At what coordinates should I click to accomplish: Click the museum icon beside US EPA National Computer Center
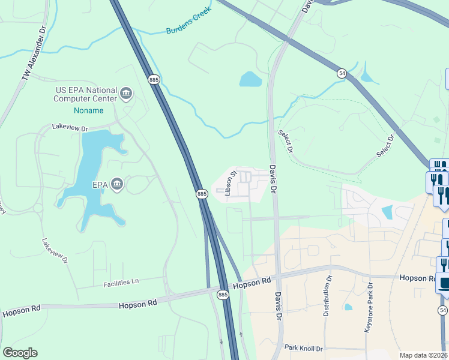click(x=126, y=92)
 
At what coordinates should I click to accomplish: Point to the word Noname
click(x=88, y=111)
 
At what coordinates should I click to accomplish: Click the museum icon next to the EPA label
click(x=117, y=185)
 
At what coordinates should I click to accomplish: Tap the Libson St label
click(x=228, y=183)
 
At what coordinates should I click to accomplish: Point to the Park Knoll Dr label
click(x=303, y=348)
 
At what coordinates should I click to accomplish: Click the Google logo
click(x=20, y=353)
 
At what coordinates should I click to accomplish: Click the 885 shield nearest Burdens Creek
click(x=154, y=79)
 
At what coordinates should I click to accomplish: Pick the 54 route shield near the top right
click(x=342, y=73)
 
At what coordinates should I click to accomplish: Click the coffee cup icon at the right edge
click(x=444, y=283)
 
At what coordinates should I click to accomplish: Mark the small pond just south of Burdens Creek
click(x=250, y=79)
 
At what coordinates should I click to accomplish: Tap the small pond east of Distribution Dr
click(x=349, y=307)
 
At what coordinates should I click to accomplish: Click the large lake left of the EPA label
click(x=96, y=174)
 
